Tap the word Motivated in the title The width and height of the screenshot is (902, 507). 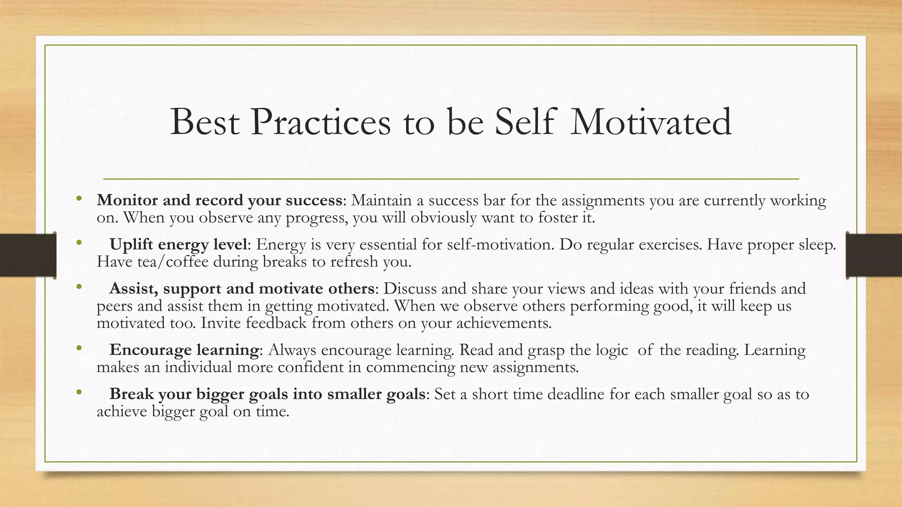pyautogui.click(x=651, y=122)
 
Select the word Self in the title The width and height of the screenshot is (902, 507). pyautogui.click(x=524, y=122)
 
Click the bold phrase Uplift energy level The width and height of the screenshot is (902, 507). pyautogui.click(x=178, y=244)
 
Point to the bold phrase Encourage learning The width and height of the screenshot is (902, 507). pyautogui.click(x=184, y=350)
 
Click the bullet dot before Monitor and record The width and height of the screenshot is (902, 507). pyautogui.click(x=79, y=198)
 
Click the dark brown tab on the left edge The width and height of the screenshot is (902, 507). pyautogui.click(x=28, y=255)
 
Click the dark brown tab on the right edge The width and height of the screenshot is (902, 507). pyautogui.click(x=874, y=255)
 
